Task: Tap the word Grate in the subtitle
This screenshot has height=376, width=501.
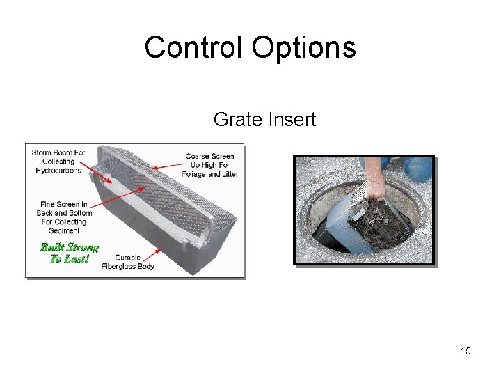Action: click(x=236, y=120)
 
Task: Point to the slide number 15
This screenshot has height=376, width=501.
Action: click(x=466, y=351)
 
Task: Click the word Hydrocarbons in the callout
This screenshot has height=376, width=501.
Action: click(x=58, y=170)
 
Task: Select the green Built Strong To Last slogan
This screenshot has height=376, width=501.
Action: click(x=69, y=253)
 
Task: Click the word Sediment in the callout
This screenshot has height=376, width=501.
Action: click(x=64, y=230)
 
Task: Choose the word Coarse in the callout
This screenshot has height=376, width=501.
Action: click(x=200, y=156)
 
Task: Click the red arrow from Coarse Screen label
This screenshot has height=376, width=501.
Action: click(x=167, y=164)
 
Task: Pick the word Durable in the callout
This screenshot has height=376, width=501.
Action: click(x=127, y=257)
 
